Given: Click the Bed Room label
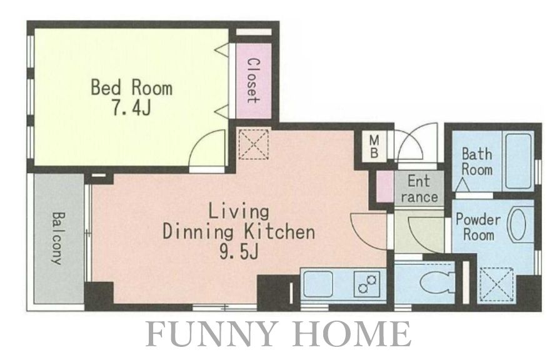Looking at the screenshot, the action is [x=132, y=87].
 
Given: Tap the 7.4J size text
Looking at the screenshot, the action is [x=132, y=107].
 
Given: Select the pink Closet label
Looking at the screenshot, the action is [x=253, y=81].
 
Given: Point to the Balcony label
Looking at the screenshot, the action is [x=58, y=239].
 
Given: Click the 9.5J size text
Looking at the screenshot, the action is [x=238, y=252].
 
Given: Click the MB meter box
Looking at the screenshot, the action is [x=374, y=147].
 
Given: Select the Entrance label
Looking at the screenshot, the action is [x=419, y=189].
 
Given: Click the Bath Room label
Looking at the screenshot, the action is [x=477, y=161].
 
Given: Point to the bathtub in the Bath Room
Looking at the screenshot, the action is [x=518, y=161].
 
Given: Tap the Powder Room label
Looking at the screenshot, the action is [x=478, y=227].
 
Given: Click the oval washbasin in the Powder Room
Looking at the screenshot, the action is [x=518, y=226].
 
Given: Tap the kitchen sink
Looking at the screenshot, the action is [x=318, y=284].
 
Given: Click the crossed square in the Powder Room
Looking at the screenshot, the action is [x=496, y=285].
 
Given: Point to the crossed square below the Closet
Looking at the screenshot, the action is [x=253, y=144].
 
